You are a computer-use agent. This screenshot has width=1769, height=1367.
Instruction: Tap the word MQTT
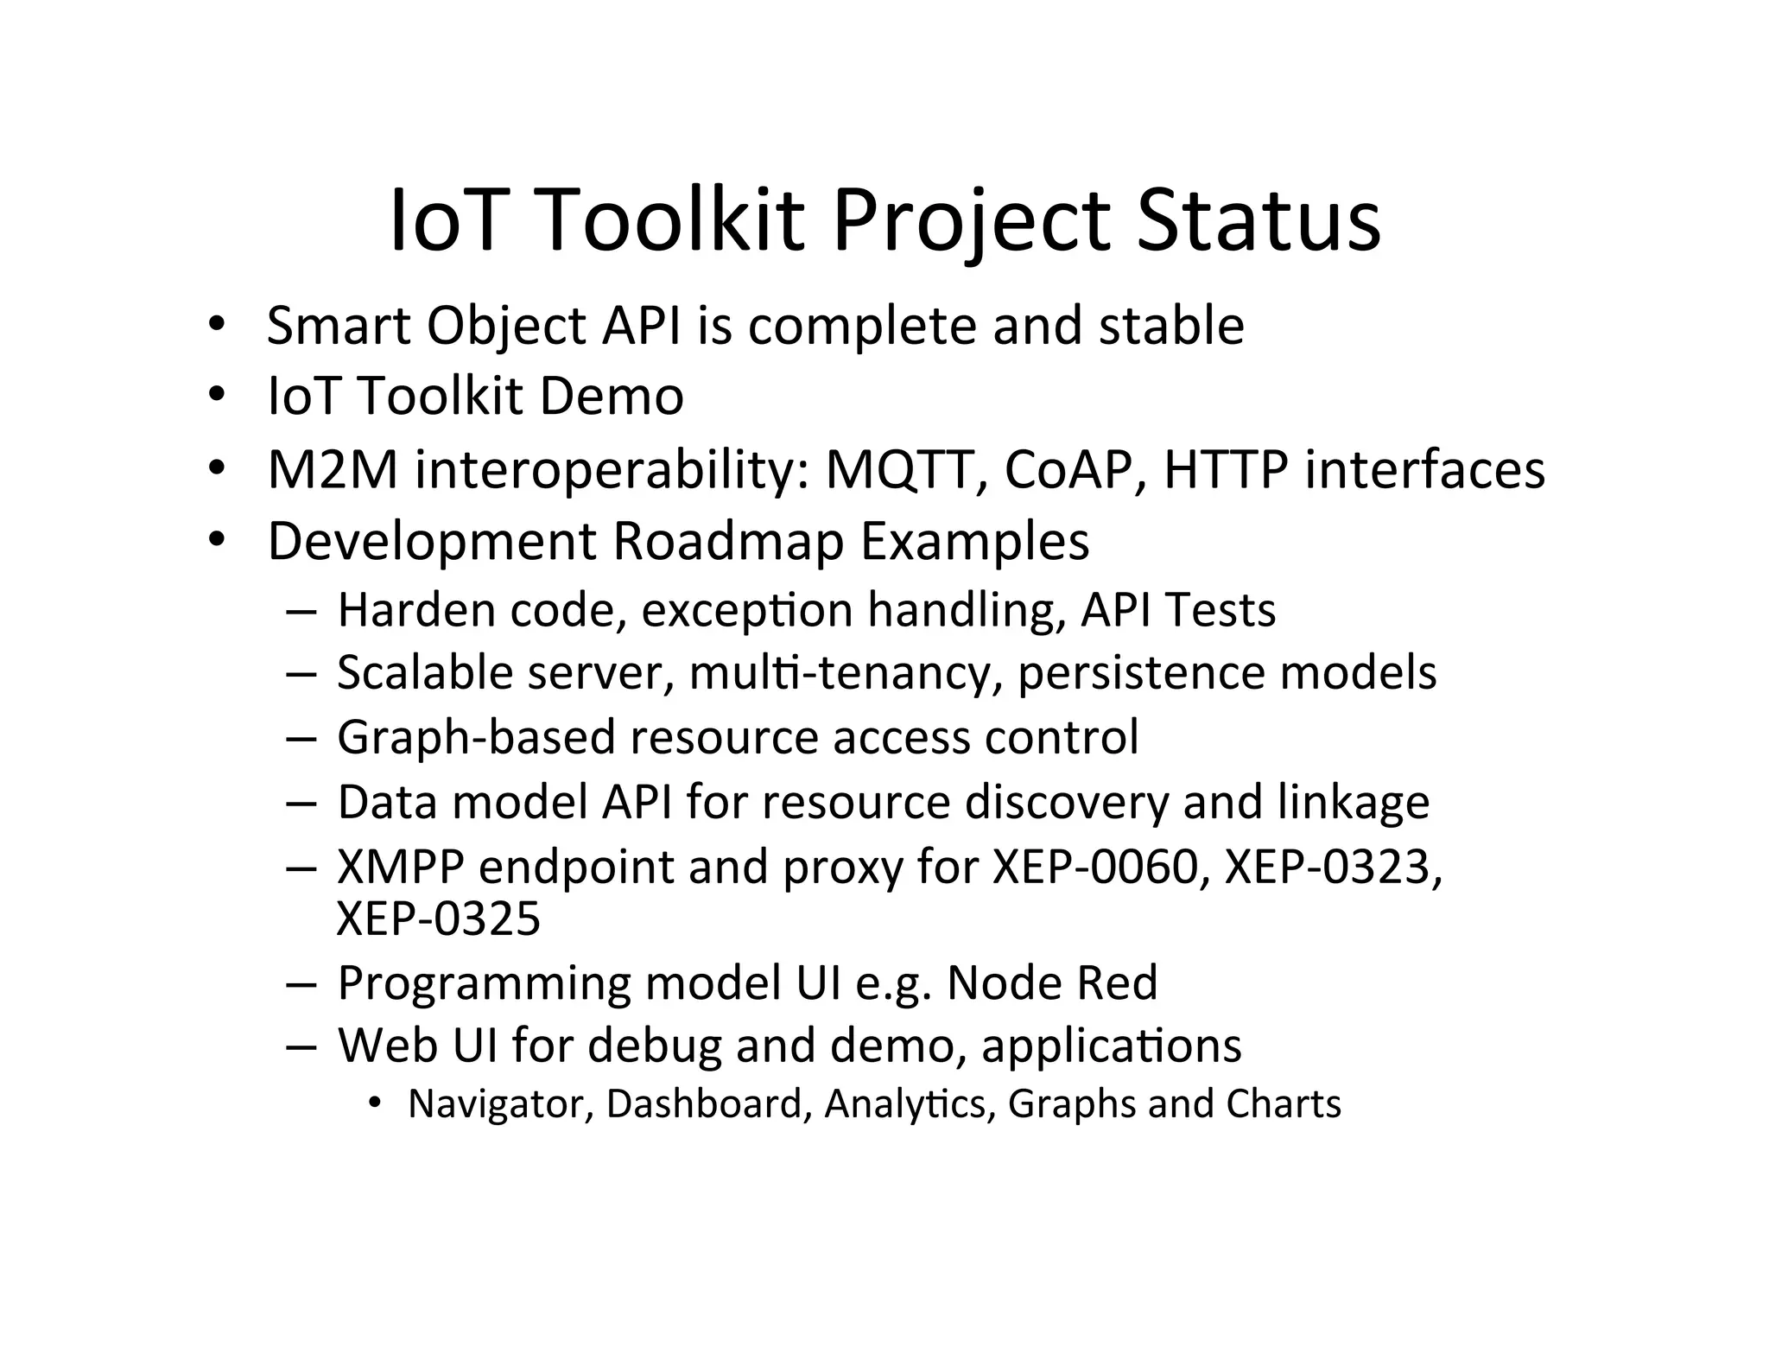(x=904, y=470)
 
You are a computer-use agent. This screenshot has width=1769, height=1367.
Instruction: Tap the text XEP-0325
(x=438, y=918)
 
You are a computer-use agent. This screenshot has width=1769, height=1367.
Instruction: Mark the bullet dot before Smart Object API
(x=216, y=326)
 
